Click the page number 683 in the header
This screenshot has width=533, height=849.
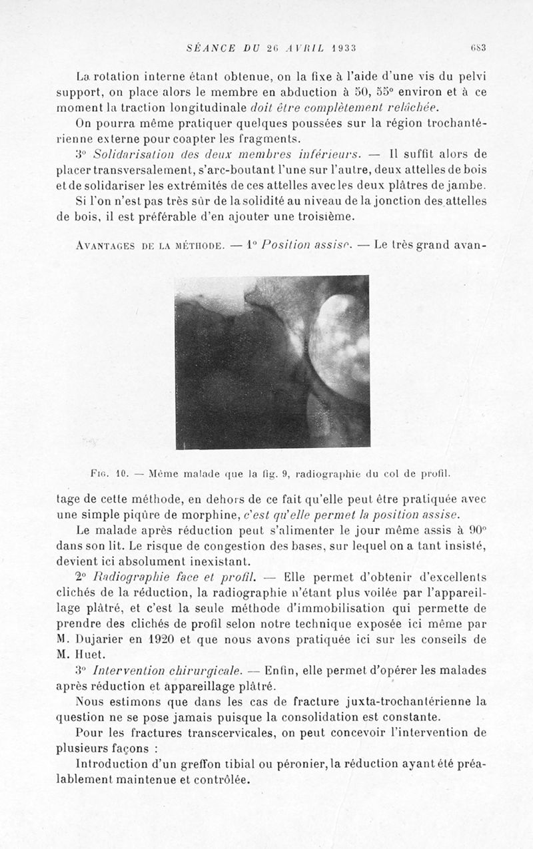tap(477, 47)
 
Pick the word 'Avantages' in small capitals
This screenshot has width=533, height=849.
tap(105, 245)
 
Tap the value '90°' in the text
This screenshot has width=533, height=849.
tap(474, 531)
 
